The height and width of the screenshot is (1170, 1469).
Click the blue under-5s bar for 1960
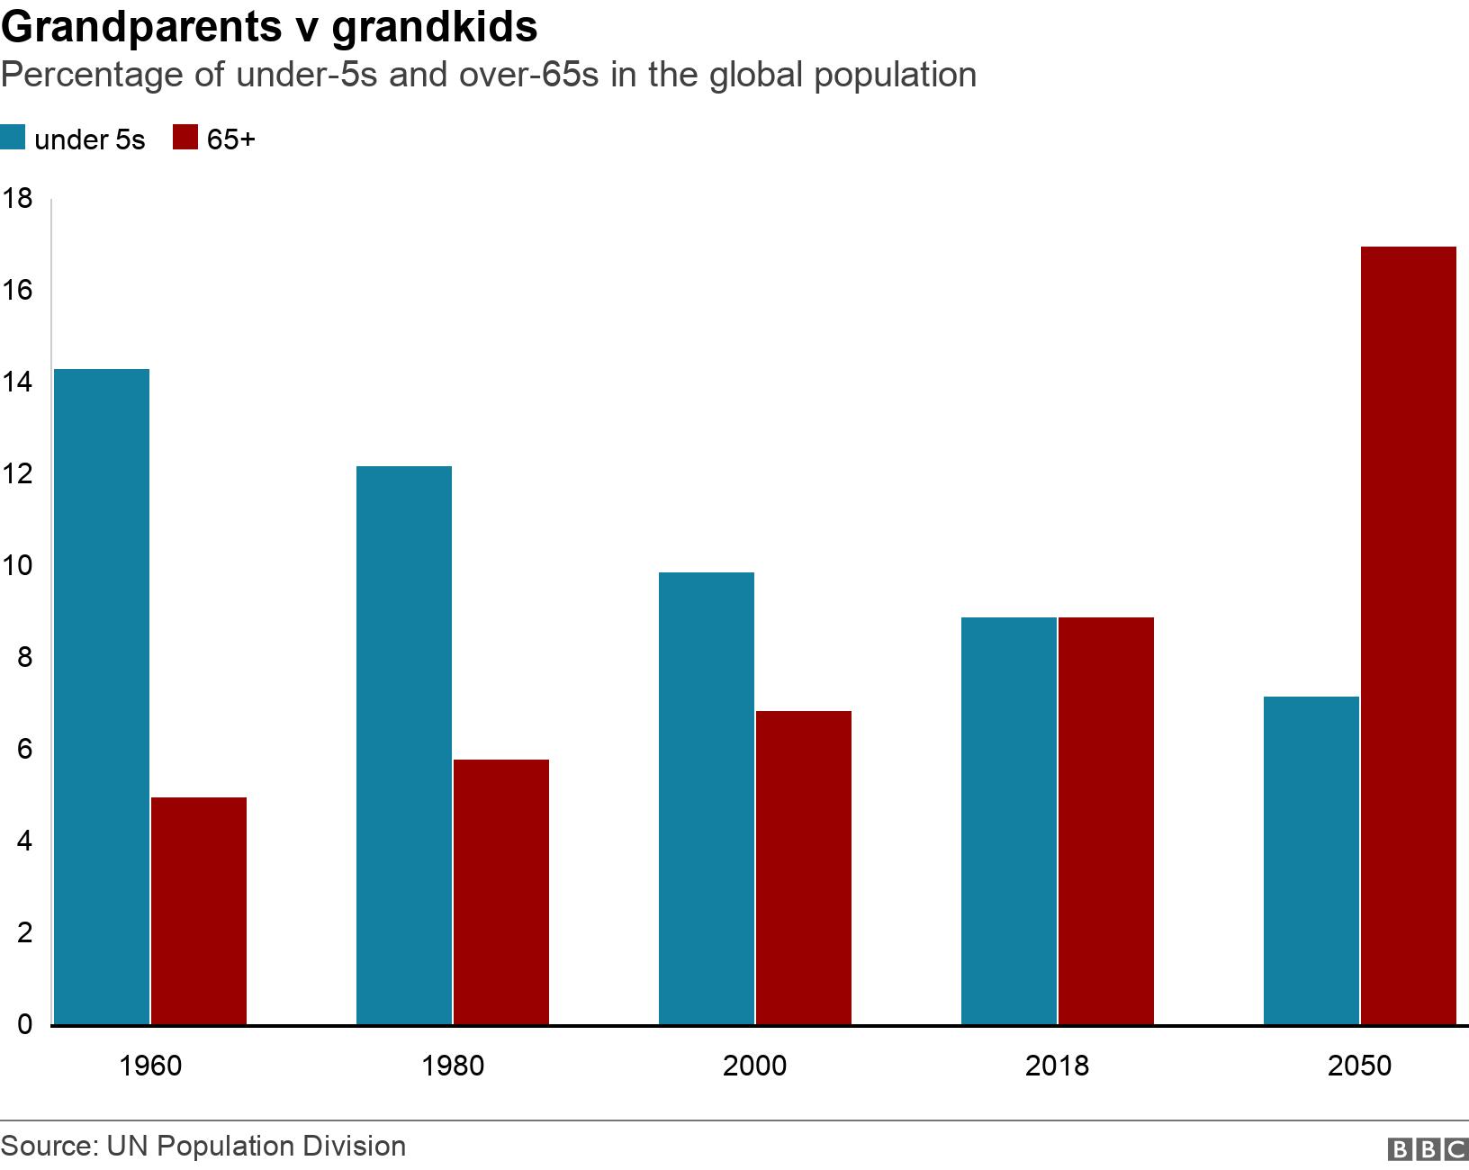102,697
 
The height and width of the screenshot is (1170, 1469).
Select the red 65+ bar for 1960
199,911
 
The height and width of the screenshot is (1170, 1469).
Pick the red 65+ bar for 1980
501,892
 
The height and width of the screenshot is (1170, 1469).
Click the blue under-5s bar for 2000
707,798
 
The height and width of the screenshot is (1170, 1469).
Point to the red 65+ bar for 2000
804,868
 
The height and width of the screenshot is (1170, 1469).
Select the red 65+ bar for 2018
1106,821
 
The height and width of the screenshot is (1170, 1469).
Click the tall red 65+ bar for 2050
1409,635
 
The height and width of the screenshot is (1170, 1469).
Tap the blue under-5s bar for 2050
1311,860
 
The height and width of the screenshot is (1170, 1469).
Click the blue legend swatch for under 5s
14,139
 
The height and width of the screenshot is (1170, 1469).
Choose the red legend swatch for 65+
185,139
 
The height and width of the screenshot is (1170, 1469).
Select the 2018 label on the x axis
1057,1066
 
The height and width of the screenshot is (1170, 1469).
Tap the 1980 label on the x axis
452,1066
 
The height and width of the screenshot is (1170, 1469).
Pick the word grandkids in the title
435,29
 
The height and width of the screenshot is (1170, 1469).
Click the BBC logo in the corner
1428,1149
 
